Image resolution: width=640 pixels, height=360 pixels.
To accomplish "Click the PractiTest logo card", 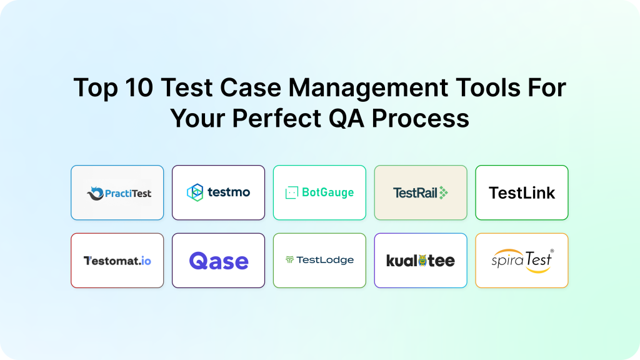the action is (x=117, y=192).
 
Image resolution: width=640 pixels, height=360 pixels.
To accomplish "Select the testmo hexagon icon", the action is (x=195, y=192).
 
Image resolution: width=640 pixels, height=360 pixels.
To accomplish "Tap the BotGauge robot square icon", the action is (x=291, y=192).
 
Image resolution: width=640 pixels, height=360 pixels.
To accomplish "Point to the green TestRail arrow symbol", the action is (x=443, y=192).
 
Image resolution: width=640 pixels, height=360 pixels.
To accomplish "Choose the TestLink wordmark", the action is (x=522, y=193).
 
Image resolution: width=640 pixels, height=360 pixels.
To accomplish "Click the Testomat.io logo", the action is (x=117, y=261).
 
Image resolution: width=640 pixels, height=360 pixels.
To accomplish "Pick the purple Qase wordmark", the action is (x=219, y=261).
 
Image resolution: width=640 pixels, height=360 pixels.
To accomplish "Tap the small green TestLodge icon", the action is (x=289, y=259).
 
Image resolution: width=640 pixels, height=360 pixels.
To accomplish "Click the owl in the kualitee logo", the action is (x=422, y=260).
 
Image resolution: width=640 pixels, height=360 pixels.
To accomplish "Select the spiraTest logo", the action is (x=522, y=261).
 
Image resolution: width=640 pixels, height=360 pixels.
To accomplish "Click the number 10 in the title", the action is (x=139, y=87).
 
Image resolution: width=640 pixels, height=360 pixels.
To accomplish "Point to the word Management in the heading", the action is (x=368, y=88).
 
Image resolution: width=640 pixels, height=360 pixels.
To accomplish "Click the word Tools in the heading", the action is (x=487, y=87).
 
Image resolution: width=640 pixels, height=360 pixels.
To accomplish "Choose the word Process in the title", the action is (x=421, y=118).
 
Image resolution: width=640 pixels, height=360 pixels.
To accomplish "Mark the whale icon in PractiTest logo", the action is (x=96, y=194).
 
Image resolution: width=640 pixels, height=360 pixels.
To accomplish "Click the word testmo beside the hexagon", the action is (x=229, y=192).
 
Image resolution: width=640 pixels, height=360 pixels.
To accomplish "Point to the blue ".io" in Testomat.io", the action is (x=144, y=261).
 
